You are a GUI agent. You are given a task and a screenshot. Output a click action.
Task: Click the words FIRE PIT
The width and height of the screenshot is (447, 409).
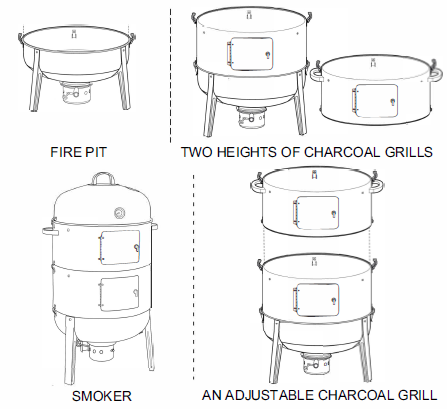79,153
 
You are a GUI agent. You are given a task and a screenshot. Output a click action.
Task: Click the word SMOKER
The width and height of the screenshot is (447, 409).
100,396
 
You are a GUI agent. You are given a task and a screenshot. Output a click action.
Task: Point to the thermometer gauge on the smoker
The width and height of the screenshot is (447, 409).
121,212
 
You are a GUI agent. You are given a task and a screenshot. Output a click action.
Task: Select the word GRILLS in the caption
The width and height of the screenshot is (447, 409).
408,153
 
